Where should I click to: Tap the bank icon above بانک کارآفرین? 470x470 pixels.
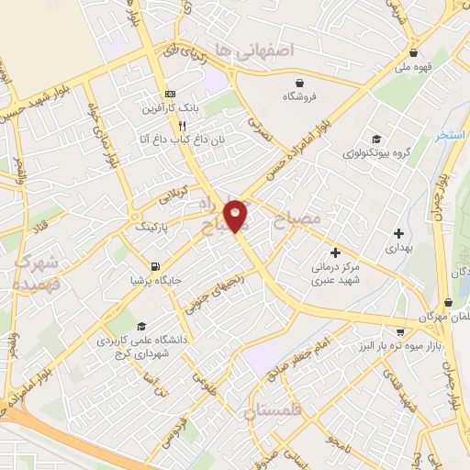170,95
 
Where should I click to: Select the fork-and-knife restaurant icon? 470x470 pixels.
183,125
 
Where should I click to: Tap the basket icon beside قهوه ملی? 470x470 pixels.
415,52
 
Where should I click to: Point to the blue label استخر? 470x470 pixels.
453,135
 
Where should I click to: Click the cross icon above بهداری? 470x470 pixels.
397,233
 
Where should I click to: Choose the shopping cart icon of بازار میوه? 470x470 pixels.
399,330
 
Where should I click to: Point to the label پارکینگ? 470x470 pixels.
152,225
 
